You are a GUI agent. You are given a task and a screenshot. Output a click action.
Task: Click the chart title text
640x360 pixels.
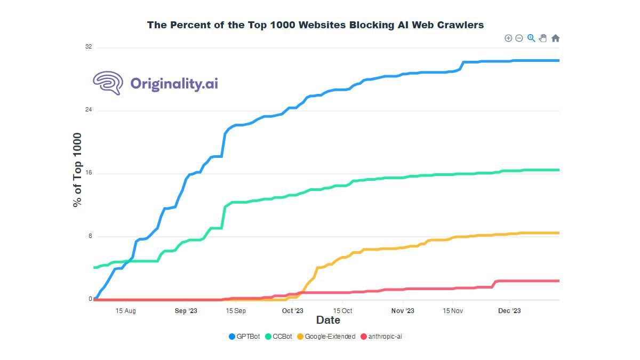[315, 25]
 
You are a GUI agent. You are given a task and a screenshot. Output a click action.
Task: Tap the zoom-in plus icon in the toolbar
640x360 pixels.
[508, 38]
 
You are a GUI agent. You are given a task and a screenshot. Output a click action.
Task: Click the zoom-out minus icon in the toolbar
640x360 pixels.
[519, 38]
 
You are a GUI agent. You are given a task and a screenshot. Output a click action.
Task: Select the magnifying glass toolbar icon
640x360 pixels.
[531, 38]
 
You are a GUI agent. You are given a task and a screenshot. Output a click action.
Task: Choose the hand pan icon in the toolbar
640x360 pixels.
[543, 38]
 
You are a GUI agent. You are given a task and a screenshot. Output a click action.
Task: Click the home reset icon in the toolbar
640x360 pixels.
[555, 38]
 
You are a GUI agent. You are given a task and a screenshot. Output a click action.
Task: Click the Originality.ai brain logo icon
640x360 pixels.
[108, 83]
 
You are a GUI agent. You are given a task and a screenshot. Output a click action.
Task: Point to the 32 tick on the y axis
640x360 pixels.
[89, 47]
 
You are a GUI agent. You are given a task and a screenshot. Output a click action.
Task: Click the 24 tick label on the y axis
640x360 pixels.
[89, 110]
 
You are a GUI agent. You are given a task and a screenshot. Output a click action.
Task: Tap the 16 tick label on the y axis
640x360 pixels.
[89, 173]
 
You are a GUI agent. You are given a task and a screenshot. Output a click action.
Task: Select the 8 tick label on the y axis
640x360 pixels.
[90, 236]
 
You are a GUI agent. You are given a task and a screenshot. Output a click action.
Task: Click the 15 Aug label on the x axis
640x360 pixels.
[125, 311]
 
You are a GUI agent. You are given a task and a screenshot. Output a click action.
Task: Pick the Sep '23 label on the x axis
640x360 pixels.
[186, 311]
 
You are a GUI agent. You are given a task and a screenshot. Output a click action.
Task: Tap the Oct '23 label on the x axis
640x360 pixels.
[292, 311]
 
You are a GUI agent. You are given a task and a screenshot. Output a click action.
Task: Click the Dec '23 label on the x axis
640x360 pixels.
[509, 311]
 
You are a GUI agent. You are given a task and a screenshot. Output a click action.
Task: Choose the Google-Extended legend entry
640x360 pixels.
[326, 337]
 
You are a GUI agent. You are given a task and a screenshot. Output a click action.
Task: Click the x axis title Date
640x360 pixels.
[328, 320]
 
